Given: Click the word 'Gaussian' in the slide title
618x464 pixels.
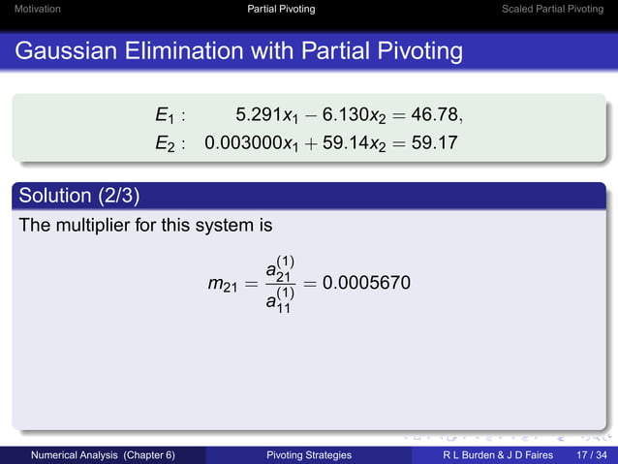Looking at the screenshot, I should coord(67,48).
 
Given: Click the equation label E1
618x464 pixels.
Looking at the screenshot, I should coord(167,117).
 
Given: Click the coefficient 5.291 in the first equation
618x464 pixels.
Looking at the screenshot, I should coord(257,116).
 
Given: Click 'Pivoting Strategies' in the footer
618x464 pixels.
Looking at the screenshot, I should coord(308,454).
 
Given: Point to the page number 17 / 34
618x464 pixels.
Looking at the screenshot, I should coord(590,454).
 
